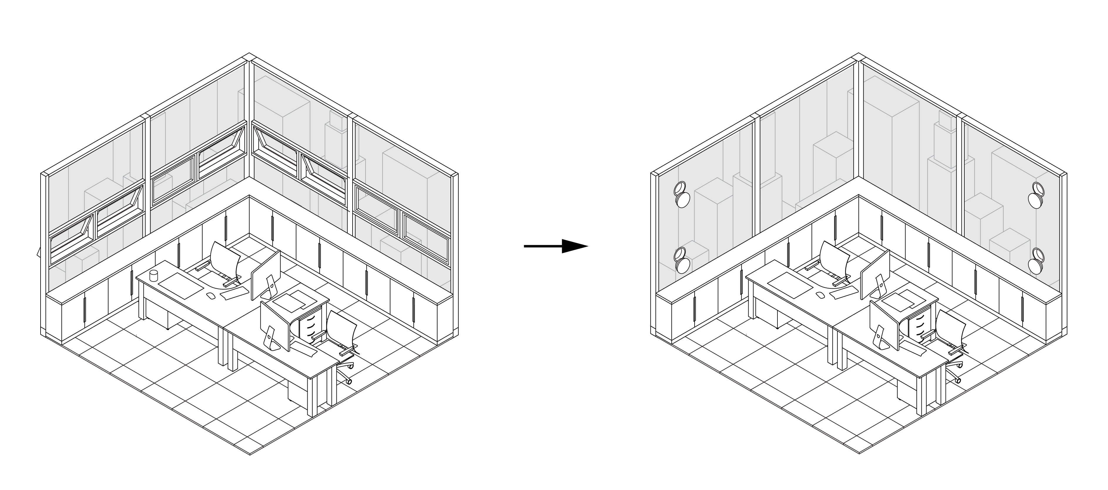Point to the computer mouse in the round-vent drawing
820,295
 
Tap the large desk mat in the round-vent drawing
790,286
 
